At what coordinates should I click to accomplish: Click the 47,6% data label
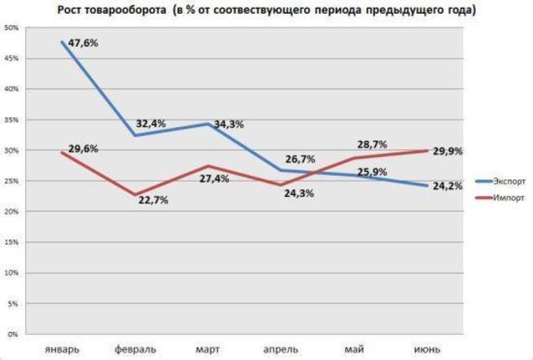pos(84,43)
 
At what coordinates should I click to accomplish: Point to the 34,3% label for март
pos(229,125)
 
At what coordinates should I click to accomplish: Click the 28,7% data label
pos(371,143)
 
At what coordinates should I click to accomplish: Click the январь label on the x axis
pos(63,349)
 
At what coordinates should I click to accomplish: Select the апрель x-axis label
pos(280,349)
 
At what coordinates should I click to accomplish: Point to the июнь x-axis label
pos(426,349)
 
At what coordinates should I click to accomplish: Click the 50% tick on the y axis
pos(12,28)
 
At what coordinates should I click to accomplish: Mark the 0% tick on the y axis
pos(14,334)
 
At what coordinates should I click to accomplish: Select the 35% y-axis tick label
pos(12,120)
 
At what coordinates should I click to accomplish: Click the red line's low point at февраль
pos(135,195)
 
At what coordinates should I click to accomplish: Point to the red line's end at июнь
pos(426,151)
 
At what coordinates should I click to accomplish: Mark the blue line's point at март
pos(208,124)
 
